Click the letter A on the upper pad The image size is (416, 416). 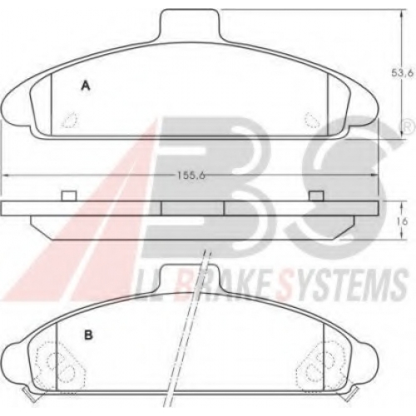(86, 85)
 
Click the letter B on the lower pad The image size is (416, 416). (88, 335)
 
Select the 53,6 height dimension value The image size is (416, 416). (403, 73)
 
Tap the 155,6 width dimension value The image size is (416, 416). (191, 176)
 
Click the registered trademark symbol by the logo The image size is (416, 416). (407, 127)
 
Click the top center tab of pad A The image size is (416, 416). (191, 26)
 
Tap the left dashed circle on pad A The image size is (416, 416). (69, 120)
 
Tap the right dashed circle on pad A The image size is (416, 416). (312, 120)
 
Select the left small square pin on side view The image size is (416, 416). (69, 196)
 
